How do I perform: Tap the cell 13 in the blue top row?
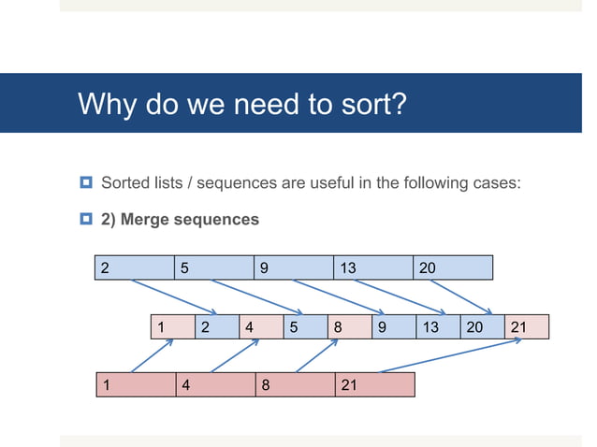pos(372,267)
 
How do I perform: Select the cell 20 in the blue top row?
pos(452,267)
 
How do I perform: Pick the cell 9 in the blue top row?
pos(293,267)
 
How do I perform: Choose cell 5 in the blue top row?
pos(213,267)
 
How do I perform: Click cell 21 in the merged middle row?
pos(527,327)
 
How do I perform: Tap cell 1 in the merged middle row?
pos(171,327)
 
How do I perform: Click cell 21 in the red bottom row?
pos(374,384)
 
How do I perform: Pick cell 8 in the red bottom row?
pos(296,384)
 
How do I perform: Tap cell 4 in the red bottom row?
pos(216,384)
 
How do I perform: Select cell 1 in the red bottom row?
pos(137,384)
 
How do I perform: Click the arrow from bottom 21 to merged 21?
pos(449,355)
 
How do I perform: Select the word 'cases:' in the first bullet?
pos(497,182)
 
